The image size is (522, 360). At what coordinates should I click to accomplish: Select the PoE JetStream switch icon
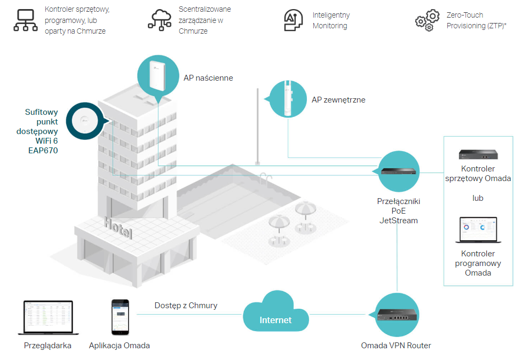tap(399, 171)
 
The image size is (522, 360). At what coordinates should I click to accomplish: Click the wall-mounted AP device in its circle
tap(157, 76)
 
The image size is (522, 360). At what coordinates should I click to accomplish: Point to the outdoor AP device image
tap(288, 99)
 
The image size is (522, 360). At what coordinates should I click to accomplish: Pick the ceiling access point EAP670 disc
tap(85, 121)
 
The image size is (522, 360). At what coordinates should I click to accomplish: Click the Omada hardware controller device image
tap(478, 154)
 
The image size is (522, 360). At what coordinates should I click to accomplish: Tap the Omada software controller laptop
tap(478, 230)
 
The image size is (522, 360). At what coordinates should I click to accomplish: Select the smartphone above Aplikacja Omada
tap(120, 317)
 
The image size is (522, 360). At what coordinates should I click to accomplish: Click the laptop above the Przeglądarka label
tap(48, 317)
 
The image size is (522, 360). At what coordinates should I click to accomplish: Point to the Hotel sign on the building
tap(118, 228)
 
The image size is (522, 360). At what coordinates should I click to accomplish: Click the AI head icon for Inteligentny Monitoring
tap(293, 20)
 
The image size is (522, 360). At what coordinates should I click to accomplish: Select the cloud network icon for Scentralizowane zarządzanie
tap(160, 20)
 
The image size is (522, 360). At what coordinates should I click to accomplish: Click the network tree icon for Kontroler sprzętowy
tap(26, 20)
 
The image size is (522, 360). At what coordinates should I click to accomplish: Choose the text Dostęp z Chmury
tap(186, 306)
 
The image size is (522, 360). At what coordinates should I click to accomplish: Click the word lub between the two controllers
tap(478, 198)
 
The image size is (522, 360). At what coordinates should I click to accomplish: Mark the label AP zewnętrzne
tap(338, 100)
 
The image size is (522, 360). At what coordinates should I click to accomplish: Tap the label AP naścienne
tap(208, 78)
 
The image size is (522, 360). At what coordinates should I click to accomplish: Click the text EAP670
tap(43, 151)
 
